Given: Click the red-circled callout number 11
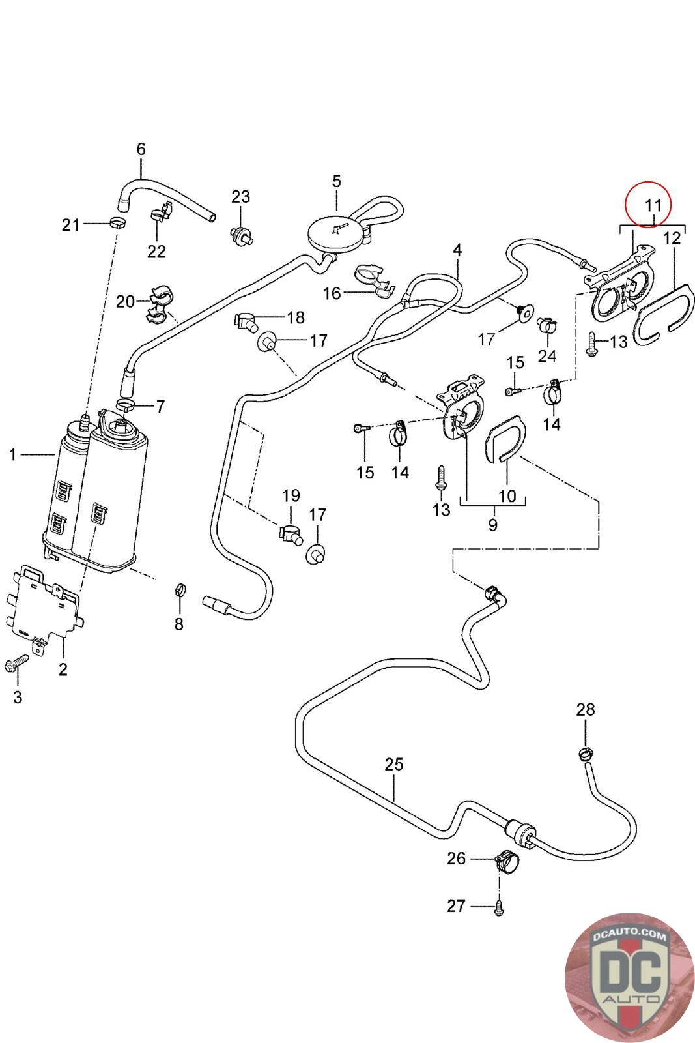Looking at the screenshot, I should [653, 205].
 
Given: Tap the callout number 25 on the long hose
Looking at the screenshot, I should [394, 763].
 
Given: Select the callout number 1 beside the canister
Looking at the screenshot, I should [12, 454].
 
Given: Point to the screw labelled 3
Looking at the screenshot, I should [14, 665].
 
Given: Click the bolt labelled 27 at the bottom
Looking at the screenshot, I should [499, 907].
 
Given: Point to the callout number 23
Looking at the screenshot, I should [240, 196].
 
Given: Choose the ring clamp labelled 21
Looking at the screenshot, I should [117, 224].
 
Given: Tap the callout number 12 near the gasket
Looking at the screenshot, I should [672, 239].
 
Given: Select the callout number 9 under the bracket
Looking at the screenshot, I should [492, 524].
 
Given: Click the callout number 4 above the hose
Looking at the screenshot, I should [457, 250].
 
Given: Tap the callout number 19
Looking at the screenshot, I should [291, 495].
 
